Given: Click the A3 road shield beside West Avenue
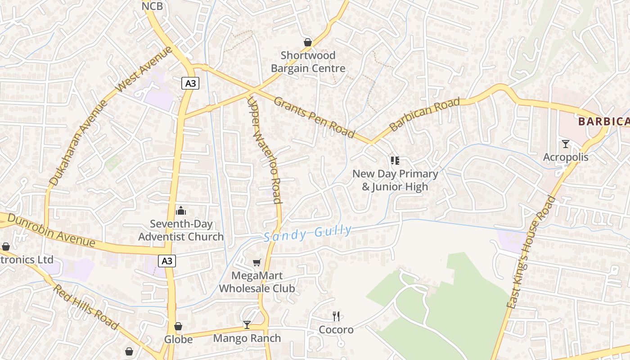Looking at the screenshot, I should click(x=190, y=83).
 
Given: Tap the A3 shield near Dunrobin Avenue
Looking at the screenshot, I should click(x=166, y=261).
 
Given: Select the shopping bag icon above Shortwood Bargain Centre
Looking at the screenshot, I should click(x=308, y=42).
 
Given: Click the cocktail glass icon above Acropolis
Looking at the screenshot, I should click(x=566, y=144).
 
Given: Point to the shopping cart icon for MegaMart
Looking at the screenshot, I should click(x=256, y=262).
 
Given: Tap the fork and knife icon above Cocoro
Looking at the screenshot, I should click(x=336, y=316).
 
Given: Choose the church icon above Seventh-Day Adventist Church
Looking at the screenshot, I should click(x=181, y=210).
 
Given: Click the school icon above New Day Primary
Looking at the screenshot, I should click(x=395, y=161).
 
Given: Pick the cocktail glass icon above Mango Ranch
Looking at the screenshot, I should click(x=247, y=325).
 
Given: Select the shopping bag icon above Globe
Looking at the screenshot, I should click(x=178, y=326).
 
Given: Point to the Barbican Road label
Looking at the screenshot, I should click(x=425, y=115).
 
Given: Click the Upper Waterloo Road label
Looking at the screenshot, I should click(x=265, y=151).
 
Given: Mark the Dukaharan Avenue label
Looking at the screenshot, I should click(x=79, y=143).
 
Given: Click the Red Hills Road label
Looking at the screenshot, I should click(x=86, y=307).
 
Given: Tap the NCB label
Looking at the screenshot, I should click(x=152, y=6).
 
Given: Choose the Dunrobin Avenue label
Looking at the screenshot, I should click(x=52, y=230).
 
